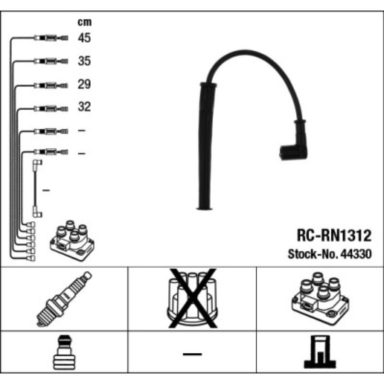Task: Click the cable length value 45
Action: coord(84,38)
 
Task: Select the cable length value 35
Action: coord(84,61)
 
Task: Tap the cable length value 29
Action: coord(84,84)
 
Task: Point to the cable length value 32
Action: coord(84,107)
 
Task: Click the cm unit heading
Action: coord(84,22)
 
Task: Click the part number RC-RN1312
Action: coord(334,235)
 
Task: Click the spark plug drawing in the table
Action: coord(64,299)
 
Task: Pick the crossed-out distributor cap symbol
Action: coord(192,298)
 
